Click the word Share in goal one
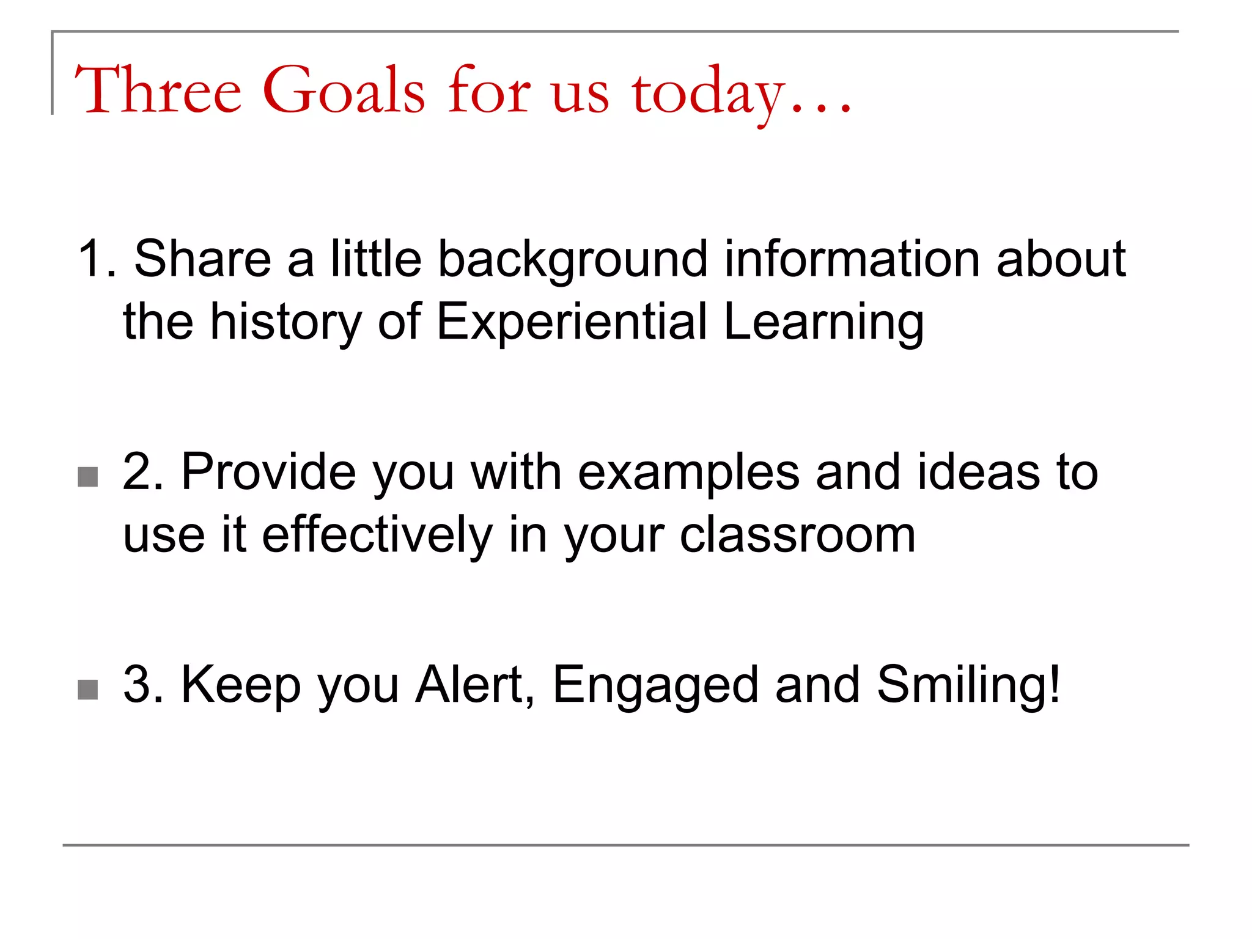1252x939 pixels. (202, 259)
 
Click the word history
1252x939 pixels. (285, 322)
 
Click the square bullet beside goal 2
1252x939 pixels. (88, 477)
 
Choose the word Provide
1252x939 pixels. (269, 472)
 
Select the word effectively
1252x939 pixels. (377, 536)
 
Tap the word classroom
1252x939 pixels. (798, 536)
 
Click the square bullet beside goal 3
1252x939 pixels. (88, 690)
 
